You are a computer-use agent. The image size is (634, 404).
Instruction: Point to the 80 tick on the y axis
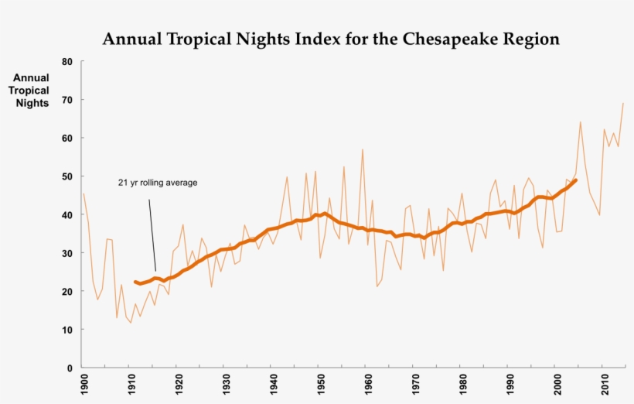pos(66,61)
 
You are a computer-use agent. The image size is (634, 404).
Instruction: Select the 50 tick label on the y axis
pos(66,176)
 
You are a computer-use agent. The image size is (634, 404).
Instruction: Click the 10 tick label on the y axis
pos(66,330)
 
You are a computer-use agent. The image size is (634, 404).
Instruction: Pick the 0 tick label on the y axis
pos(70,368)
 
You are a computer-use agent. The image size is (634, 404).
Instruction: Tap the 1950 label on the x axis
pos(320,384)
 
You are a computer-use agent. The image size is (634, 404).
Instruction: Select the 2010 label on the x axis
pos(604,384)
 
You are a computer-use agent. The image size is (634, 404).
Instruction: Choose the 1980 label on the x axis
pos(462,384)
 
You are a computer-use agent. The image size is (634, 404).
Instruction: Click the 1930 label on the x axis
pos(225,384)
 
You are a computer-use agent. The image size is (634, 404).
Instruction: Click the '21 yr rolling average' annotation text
pos(158,183)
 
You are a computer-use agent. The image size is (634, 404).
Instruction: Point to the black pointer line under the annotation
pos(152,232)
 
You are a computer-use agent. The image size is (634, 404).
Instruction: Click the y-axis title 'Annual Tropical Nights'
pos(31,91)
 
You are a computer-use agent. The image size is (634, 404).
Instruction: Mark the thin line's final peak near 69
pos(623,103)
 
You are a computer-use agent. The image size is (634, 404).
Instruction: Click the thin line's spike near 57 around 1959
pos(363,149)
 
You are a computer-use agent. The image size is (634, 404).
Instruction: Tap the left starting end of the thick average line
pos(135,282)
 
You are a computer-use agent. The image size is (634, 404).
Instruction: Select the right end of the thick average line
pos(576,180)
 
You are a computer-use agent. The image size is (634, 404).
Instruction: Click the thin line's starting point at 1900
pos(84,193)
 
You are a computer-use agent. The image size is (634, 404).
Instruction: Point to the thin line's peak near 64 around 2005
pos(580,122)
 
